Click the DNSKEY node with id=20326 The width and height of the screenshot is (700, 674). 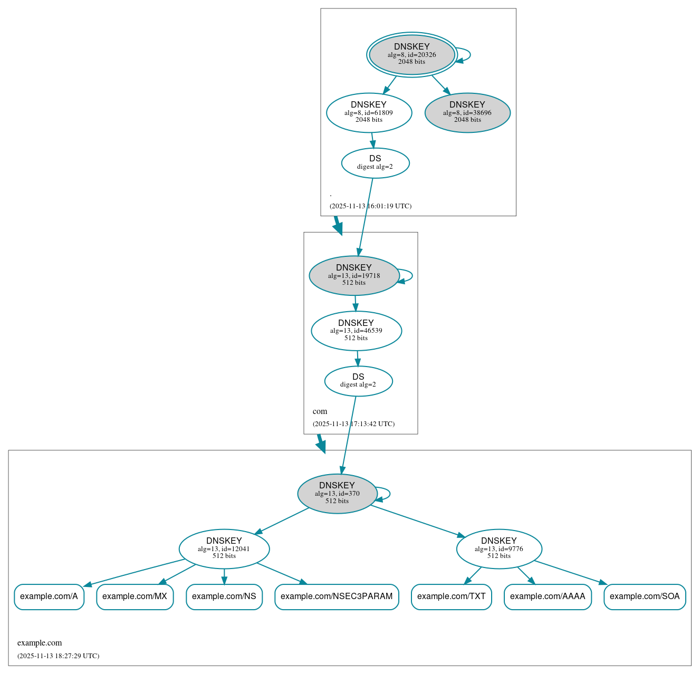pyautogui.click(x=411, y=54)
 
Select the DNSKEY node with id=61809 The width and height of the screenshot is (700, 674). pyautogui.click(x=369, y=112)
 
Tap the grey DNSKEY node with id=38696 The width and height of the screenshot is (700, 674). pyautogui.click(x=467, y=112)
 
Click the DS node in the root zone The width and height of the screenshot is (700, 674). pyautogui.click(x=375, y=163)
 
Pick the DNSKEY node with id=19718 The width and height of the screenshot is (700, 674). pyautogui.click(x=354, y=275)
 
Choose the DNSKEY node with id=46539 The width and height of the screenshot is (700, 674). pyautogui.click(x=356, y=331)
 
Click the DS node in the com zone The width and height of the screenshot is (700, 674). pyautogui.click(x=358, y=381)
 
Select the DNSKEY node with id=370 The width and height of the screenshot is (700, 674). pyautogui.click(x=337, y=494)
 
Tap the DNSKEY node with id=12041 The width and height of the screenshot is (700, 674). pyautogui.click(x=224, y=548)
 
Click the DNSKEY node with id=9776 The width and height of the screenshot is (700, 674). pyautogui.click(x=499, y=548)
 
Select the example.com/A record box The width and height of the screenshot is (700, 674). pyautogui.click(x=49, y=596)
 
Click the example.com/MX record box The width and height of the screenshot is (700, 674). pyautogui.click(x=135, y=596)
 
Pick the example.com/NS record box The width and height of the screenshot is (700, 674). pyautogui.click(x=224, y=596)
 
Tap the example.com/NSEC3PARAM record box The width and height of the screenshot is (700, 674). pyautogui.click(x=337, y=596)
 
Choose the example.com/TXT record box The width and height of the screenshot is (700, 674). pyautogui.click(x=451, y=596)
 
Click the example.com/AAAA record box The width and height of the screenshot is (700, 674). pyautogui.click(x=548, y=596)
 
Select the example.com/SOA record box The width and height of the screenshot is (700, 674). pyautogui.click(x=645, y=596)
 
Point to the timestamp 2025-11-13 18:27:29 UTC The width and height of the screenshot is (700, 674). pyautogui.click(x=58, y=656)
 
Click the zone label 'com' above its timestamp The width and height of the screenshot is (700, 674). pyautogui.click(x=320, y=411)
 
